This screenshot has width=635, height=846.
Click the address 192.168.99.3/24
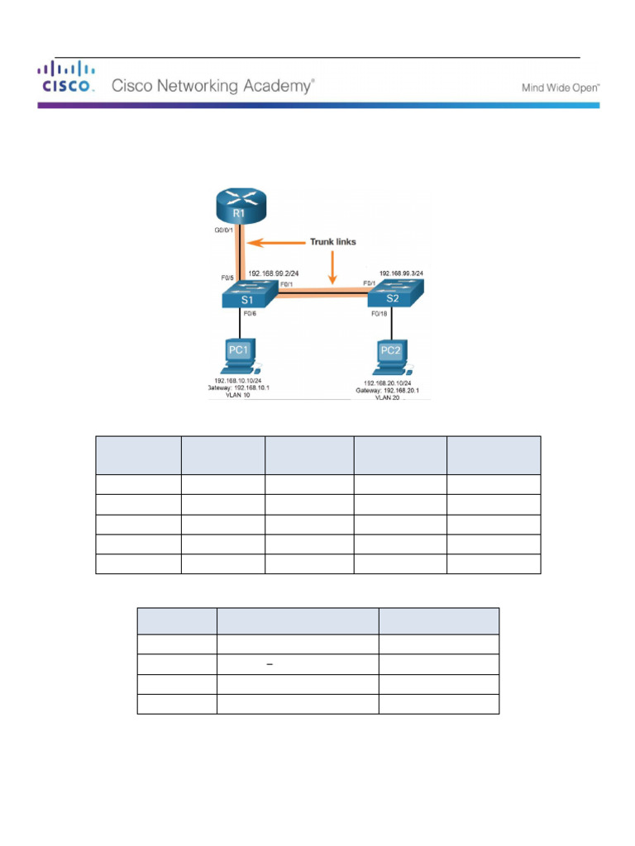pyautogui.click(x=405, y=271)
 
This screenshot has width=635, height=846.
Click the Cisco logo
pyautogui.click(x=66, y=78)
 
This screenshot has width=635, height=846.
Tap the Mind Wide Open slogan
pyautogui.click(x=561, y=87)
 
